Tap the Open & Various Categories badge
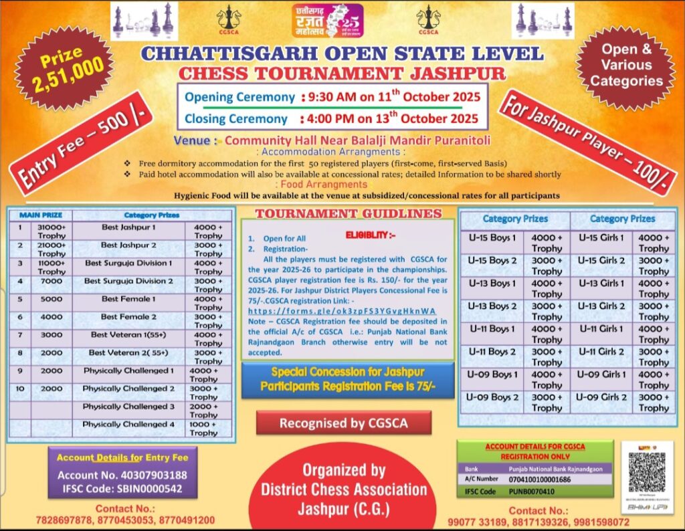click(625, 66)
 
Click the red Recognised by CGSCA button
click(343, 423)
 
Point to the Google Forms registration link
click(341, 311)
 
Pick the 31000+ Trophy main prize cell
click(52, 231)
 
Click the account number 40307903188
click(122, 475)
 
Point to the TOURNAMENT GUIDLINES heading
click(349, 214)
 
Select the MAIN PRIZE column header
click(41, 215)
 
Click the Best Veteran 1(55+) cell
click(128, 334)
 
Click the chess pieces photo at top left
click(144, 21)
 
